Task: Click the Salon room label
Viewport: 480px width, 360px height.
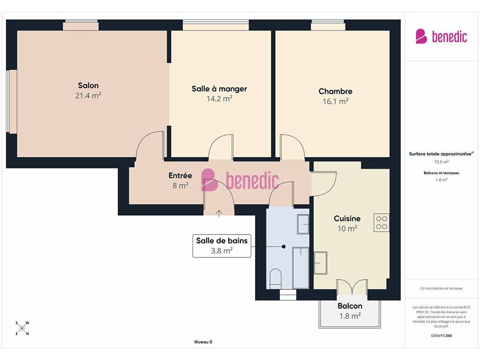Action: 88,85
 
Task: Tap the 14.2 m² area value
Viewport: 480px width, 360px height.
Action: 219,98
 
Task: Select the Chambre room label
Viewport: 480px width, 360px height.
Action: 335,91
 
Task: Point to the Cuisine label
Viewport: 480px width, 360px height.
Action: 347,218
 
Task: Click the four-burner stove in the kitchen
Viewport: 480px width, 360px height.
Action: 382,223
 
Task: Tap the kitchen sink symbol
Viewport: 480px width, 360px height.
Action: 321,262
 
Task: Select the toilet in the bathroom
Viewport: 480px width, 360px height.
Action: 276,278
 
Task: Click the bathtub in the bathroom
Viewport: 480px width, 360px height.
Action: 300,268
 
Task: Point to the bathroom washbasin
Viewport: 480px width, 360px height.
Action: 303,225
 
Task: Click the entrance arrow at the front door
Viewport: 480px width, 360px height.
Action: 219,213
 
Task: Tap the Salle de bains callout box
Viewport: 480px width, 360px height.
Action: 222,246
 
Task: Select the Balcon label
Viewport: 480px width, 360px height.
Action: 350,306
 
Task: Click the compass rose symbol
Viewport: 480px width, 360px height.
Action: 22,329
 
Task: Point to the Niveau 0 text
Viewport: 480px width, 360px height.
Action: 203,342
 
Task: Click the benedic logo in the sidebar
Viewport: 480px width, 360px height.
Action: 441,37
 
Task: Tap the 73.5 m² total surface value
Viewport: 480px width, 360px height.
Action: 441,162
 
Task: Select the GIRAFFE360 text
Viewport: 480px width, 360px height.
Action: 441,336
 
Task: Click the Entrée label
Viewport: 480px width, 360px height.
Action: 180,175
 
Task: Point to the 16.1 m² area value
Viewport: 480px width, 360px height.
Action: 336,101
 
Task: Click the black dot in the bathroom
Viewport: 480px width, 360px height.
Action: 284,247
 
